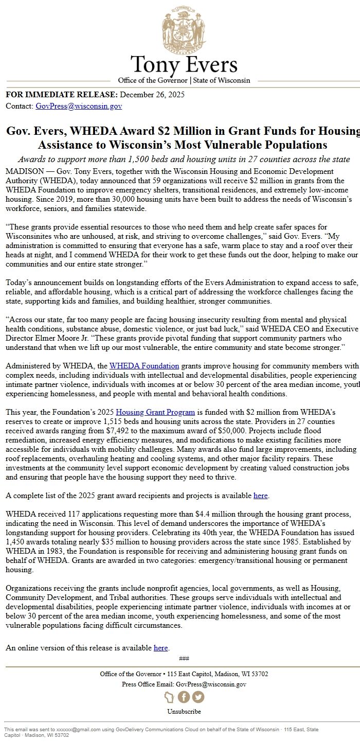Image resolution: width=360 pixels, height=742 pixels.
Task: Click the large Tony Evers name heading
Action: pos(184,65)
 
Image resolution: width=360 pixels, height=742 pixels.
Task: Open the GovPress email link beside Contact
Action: pos(79,106)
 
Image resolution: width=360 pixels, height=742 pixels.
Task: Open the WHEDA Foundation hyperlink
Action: pos(144,366)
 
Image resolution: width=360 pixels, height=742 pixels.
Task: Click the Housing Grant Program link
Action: pos(155,412)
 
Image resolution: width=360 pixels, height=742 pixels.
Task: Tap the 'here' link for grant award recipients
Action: pos(260,496)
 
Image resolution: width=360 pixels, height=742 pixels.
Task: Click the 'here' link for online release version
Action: pos(160,648)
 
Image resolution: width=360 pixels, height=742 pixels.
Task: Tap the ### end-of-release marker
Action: pos(184,659)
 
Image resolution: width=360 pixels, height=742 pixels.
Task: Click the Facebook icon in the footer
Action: pos(184,697)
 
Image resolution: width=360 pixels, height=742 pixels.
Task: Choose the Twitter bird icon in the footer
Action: pos(198,697)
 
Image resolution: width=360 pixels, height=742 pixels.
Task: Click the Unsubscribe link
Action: pos(184,712)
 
